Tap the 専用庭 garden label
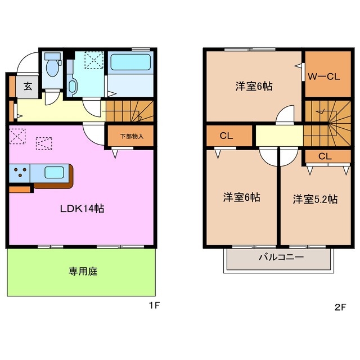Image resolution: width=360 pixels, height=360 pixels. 83,272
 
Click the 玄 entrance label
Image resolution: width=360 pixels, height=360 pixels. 27,87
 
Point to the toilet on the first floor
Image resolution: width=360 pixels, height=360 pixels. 52,68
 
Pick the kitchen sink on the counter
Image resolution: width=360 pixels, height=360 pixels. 55,172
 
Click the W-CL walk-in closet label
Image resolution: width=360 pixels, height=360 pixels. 323,77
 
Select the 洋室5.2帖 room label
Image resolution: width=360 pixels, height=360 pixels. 315,199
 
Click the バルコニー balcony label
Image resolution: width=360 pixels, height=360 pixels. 281,258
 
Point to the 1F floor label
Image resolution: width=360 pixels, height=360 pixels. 155,307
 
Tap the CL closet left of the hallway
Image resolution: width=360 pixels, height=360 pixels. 227,136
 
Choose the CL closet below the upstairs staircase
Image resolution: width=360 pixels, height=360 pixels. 325,156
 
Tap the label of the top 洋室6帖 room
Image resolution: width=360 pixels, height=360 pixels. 254,87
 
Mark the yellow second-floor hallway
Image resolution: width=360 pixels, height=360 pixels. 279,136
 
